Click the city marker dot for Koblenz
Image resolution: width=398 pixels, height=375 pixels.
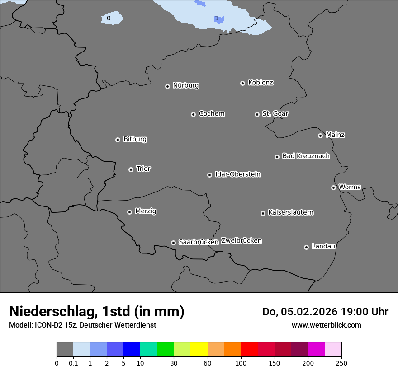[x=242, y=83]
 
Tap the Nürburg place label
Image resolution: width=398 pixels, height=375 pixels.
[x=185, y=85]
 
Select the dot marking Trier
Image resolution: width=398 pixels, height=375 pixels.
[x=131, y=169]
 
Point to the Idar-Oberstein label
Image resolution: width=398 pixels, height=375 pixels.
[x=237, y=174]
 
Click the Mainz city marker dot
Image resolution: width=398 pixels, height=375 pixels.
[x=320, y=136]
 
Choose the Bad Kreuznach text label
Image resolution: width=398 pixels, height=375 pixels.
[x=306, y=156]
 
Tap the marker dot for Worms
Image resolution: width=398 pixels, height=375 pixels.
[x=333, y=187]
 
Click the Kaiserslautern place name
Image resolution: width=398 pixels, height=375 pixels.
[x=290, y=212]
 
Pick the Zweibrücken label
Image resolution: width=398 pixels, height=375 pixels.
[x=241, y=240]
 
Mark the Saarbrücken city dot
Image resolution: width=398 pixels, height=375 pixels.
[x=173, y=243]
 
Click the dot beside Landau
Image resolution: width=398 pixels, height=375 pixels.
[x=306, y=247]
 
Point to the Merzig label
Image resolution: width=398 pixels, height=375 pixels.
[x=146, y=211]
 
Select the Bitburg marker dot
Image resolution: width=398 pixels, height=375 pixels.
[x=118, y=140]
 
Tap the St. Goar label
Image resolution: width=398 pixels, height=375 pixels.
[x=275, y=113]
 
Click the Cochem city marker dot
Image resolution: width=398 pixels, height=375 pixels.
[x=193, y=114]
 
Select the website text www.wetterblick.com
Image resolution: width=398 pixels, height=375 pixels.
[x=326, y=325]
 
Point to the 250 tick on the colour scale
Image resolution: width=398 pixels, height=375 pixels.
[x=341, y=363]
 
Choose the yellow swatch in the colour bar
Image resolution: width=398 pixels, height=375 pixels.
[x=199, y=350]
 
